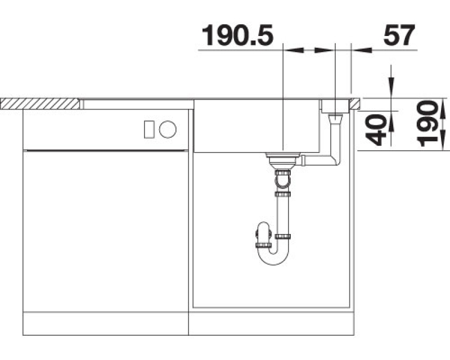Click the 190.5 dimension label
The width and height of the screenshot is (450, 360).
pos(237,35)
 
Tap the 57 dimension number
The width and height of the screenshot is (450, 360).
pos(399,35)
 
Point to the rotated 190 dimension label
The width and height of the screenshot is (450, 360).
pos(427,123)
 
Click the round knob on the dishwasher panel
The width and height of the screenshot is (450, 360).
pos(168,129)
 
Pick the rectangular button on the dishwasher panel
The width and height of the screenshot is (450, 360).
pos(149,129)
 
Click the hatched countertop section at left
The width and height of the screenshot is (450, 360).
pos(40,103)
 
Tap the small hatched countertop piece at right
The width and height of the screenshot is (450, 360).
pos(355,103)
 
